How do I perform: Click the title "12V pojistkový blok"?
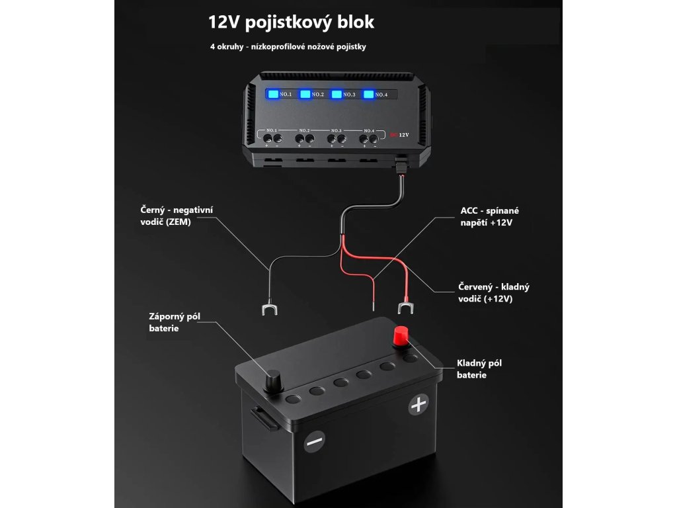[x=291, y=22]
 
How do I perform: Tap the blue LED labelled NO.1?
[x=272, y=95]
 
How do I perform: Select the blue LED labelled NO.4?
[x=368, y=95]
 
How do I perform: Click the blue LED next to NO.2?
[x=305, y=95]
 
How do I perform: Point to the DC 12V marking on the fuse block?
[x=400, y=134]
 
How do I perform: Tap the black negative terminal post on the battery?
[x=272, y=382]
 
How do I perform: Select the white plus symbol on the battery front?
[x=418, y=404]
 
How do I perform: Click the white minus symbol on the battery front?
[x=315, y=441]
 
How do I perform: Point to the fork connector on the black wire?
[x=268, y=309]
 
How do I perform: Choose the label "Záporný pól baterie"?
[x=175, y=322]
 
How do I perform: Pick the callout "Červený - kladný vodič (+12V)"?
[x=494, y=292]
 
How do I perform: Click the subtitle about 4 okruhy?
[x=288, y=47]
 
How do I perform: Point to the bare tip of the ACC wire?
[x=372, y=306]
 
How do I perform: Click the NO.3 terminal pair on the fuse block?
[x=337, y=139]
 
